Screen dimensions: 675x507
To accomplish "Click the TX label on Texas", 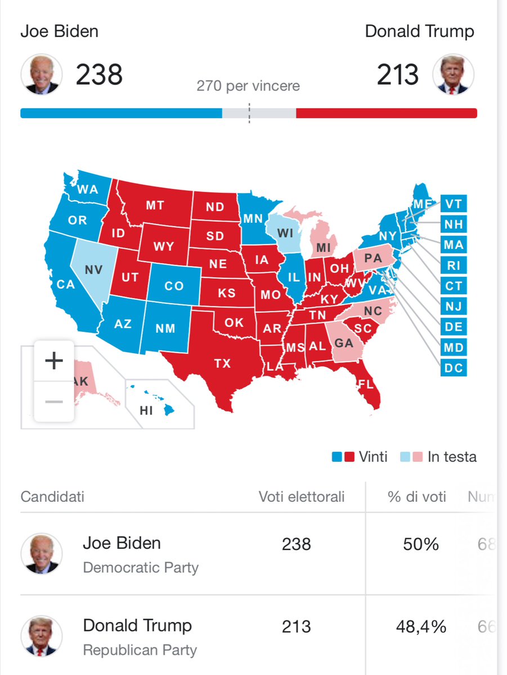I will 222,363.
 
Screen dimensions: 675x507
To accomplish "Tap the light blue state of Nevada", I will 93,270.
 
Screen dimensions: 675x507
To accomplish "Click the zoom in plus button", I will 54,361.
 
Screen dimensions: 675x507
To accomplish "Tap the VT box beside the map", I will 454,204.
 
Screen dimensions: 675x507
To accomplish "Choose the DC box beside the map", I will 454,368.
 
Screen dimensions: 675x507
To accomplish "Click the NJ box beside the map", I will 454,307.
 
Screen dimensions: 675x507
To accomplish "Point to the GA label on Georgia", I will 344,343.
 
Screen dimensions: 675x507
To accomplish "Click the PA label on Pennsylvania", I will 373,259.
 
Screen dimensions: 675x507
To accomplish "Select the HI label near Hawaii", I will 146,411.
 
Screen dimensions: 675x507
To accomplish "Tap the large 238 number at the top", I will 99,75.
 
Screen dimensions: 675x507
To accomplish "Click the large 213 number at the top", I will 398,75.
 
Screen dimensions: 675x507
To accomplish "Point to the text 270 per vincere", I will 248,86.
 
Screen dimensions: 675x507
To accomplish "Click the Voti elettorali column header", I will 302,497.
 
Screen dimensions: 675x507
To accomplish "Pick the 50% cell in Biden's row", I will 421,544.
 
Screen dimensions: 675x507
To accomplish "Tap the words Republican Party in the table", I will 140,650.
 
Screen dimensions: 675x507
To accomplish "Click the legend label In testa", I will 452,457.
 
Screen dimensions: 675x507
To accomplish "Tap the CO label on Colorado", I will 174,286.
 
